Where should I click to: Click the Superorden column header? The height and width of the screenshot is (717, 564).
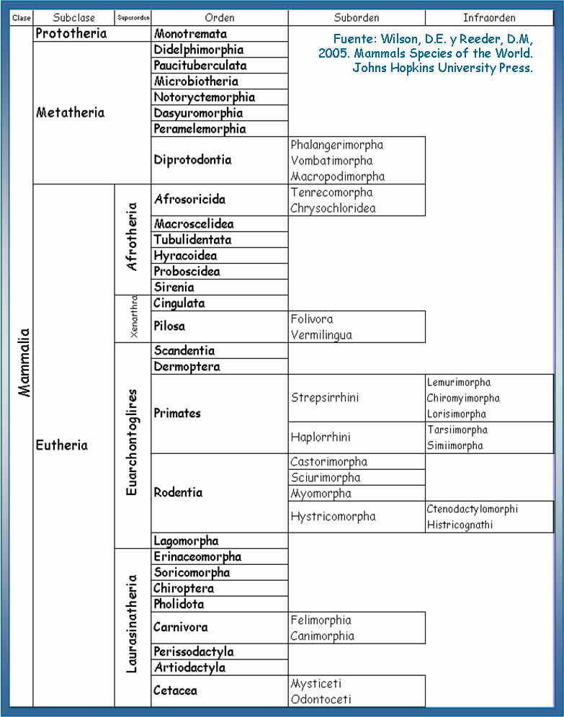coord(133,17)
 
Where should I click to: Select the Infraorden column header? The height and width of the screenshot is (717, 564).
coord(489,17)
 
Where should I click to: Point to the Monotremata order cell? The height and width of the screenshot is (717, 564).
coord(190,34)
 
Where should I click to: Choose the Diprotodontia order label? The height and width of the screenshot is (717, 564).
coord(192,160)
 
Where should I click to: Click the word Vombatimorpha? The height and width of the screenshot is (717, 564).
coord(332,161)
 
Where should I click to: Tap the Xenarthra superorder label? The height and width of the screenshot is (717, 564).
coord(133,319)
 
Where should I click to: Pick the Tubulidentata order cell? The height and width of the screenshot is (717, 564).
coord(192,240)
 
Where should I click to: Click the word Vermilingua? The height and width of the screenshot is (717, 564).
coord(322,335)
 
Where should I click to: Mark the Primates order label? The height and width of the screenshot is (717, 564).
coord(177,414)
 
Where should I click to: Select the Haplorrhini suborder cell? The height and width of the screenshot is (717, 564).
coord(321,437)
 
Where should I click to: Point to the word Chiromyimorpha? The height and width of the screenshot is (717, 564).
coord(463,398)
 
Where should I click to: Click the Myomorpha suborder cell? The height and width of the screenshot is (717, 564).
coord(321,494)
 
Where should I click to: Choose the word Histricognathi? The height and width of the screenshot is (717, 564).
coord(460,525)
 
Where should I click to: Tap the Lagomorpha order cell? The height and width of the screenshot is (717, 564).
coord(186,541)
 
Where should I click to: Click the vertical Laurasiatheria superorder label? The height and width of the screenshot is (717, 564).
coord(132,623)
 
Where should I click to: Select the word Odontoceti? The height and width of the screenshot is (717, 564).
coord(321,699)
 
